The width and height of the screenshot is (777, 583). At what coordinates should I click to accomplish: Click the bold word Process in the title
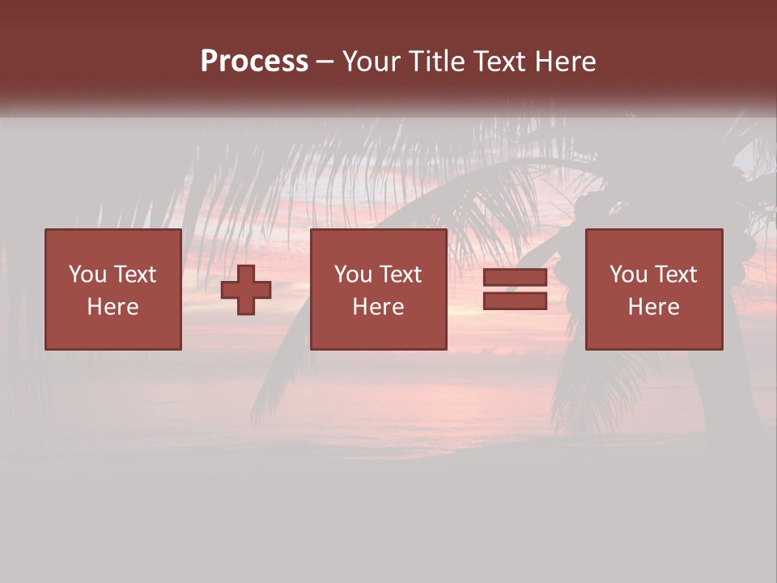(x=254, y=62)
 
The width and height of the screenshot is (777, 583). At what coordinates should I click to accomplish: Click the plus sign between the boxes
(x=246, y=290)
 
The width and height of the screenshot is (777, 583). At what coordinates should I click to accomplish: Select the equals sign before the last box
(x=515, y=290)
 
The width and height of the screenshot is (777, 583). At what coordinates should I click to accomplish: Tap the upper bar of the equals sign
(x=515, y=278)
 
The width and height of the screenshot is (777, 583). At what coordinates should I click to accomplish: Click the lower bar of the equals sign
(x=515, y=301)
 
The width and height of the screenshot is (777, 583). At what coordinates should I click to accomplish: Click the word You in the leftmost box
(x=87, y=274)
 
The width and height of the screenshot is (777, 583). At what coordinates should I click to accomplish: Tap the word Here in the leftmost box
(x=113, y=307)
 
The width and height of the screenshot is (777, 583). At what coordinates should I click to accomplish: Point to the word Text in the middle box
(x=399, y=274)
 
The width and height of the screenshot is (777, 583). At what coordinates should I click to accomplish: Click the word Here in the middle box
(x=378, y=307)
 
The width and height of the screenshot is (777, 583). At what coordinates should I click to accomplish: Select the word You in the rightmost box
(x=628, y=274)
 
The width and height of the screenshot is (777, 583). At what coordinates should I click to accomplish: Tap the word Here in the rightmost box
(x=654, y=307)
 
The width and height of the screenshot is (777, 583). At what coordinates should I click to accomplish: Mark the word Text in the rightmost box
(x=675, y=274)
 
